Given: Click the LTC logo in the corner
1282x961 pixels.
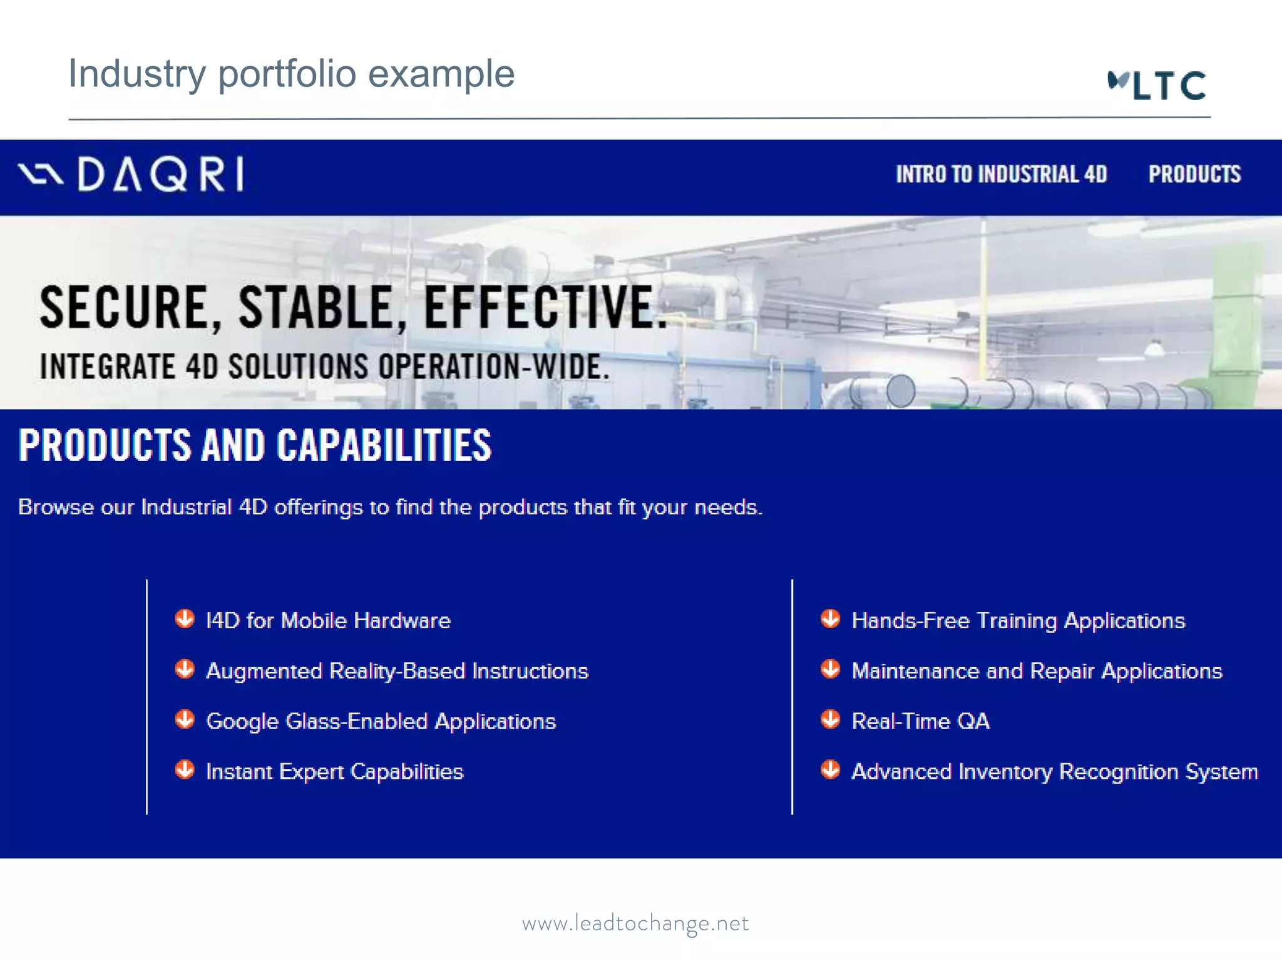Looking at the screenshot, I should (x=1157, y=85).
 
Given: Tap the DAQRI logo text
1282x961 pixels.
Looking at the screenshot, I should (x=160, y=174).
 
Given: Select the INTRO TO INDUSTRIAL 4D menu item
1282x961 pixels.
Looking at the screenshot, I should (x=1001, y=174).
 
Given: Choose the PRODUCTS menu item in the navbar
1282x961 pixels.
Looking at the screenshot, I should (x=1194, y=174).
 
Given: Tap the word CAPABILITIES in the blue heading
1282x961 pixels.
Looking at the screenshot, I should (x=384, y=445).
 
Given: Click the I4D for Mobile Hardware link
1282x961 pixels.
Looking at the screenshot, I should (x=328, y=621).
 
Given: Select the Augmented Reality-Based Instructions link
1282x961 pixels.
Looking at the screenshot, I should (x=397, y=671).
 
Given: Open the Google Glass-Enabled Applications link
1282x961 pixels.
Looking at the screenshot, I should (x=381, y=721).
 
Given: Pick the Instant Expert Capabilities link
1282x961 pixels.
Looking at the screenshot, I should (x=334, y=771).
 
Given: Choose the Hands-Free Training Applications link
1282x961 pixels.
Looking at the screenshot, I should (x=1018, y=621).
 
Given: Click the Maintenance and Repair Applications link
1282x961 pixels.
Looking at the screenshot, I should (x=1037, y=671).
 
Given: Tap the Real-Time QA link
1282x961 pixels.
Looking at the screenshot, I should (x=920, y=721).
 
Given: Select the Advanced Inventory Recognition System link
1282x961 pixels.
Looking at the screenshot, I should (x=1054, y=771).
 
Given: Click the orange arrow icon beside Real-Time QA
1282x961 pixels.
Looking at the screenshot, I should (x=830, y=719).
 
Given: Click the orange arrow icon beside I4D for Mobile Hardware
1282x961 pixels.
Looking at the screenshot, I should (x=185, y=619).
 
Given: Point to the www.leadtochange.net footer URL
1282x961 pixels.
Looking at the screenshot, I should (x=635, y=923).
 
